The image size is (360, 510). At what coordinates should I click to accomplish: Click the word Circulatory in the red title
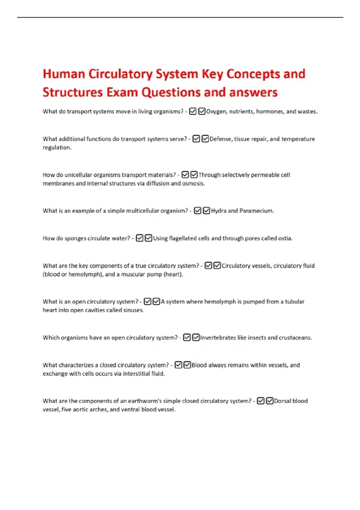[x=121, y=74]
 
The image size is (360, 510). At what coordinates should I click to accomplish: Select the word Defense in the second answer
[x=220, y=139]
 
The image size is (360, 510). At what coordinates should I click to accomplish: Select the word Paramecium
[x=256, y=211]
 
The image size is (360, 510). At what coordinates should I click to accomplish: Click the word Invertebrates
[x=218, y=338]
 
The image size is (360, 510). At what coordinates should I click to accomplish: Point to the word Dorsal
[x=282, y=401]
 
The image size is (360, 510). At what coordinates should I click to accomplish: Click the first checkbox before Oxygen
[x=193, y=112]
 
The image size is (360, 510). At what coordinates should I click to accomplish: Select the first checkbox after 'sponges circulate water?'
[x=139, y=238]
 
